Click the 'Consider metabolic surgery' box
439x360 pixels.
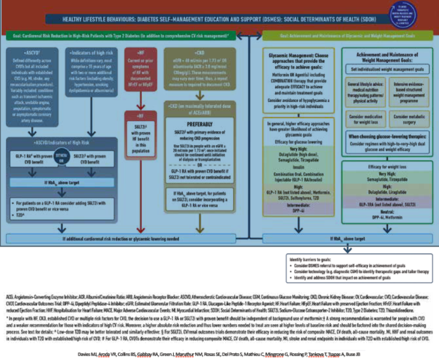394,116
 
